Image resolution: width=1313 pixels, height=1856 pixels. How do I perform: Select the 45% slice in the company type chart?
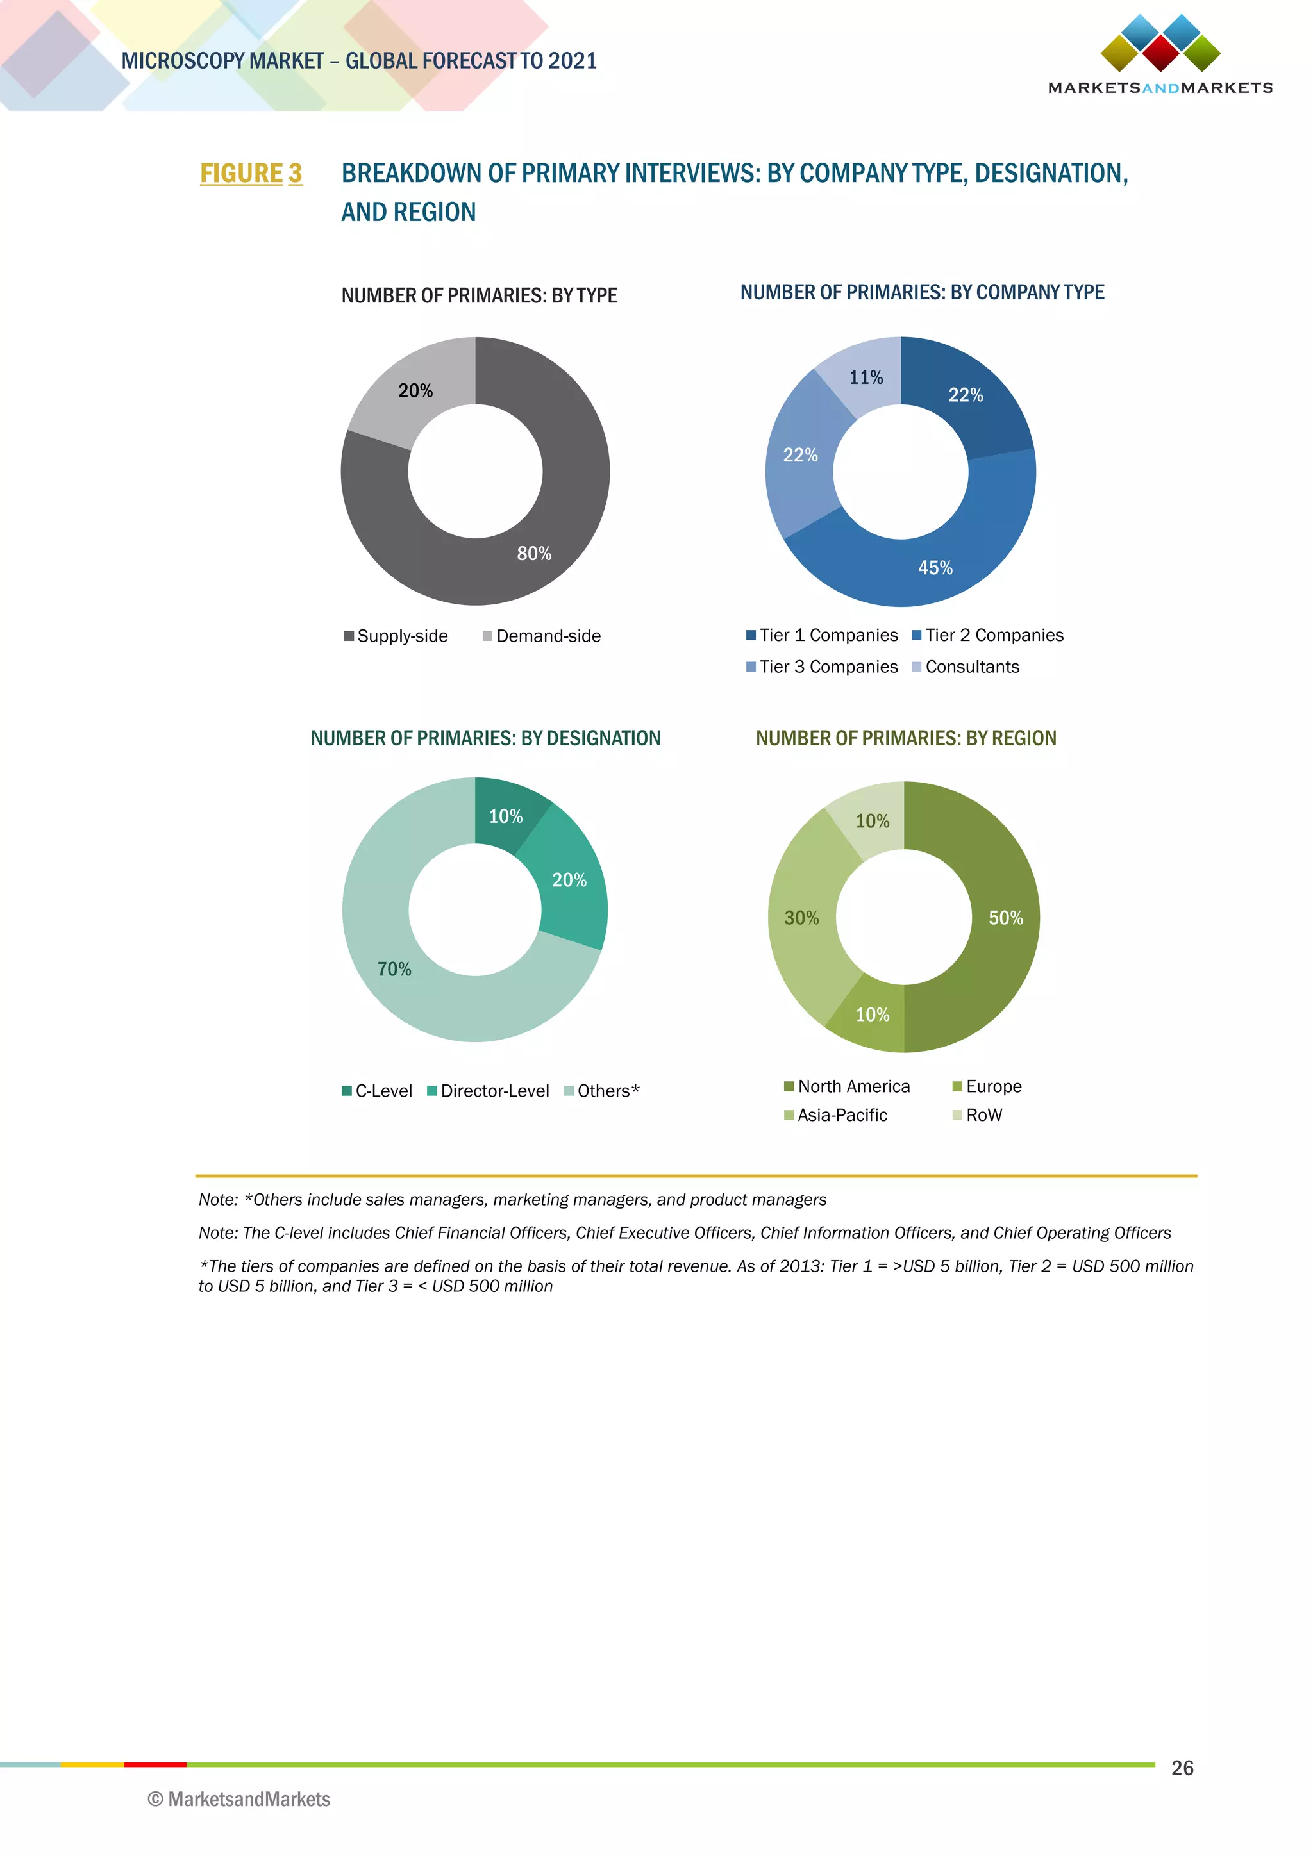point(930,566)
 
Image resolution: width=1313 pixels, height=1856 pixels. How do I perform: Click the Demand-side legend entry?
point(542,636)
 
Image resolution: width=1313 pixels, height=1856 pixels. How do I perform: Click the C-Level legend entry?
point(378,1091)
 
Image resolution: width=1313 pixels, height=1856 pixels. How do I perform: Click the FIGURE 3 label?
point(251,173)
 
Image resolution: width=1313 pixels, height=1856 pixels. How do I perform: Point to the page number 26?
point(1182,1768)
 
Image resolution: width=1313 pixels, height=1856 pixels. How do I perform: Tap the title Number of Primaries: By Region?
point(905,738)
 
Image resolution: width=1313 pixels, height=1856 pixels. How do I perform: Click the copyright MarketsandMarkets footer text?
point(239,1800)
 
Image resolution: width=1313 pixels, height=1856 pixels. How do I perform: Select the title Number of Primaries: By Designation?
point(485,738)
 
